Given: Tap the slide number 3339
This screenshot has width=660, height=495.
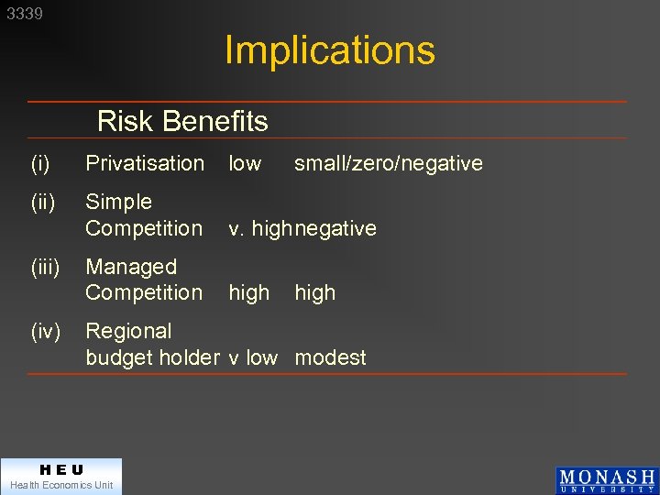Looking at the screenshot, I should pos(25,14).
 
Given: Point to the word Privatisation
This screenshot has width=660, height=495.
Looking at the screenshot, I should pos(145,163).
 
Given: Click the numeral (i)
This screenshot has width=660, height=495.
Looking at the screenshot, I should pos(39,163).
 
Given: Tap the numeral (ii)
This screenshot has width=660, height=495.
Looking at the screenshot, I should pos(41,201).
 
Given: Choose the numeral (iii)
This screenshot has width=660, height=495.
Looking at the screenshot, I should pos(44,267).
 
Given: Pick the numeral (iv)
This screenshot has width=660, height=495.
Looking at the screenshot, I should pos(44,331).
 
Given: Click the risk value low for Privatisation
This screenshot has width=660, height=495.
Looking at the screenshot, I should pos(245,163).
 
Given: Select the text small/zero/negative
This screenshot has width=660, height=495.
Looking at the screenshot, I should pos(388,163).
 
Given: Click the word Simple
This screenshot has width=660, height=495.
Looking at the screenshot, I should pos(118,201).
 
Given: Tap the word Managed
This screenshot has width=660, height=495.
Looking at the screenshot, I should pos(130,267).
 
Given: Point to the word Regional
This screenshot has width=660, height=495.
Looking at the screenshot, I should pos(128,331).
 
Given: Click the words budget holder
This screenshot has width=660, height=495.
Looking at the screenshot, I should pos(153,357).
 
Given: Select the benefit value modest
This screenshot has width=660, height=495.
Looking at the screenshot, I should pos(330,357).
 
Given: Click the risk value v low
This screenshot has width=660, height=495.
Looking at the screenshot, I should pos(253,357).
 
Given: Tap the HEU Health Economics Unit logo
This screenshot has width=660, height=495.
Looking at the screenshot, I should pos(61,477).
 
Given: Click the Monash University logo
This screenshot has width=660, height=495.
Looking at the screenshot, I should pos(607,480).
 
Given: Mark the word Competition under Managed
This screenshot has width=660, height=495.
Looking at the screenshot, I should pos(144,292).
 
